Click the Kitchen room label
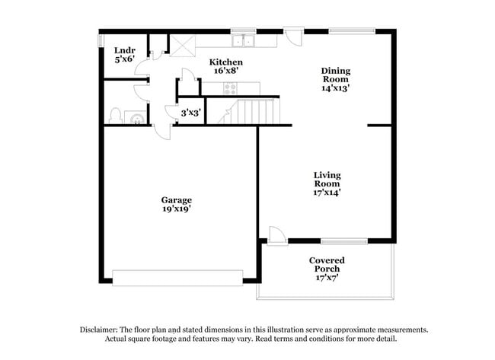[x=226, y=62]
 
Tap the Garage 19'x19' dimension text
[x=175, y=209]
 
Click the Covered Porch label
[x=327, y=265]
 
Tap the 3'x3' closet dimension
[x=190, y=113]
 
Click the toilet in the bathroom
[x=115, y=116]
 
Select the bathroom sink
[x=136, y=117]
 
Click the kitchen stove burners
[x=230, y=87]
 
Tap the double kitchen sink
[x=244, y=40]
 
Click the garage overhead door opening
[x=177, y=277]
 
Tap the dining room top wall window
[x=351, y=31]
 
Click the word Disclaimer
[x=101, y=330]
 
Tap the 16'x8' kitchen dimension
[x=226, y=72]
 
